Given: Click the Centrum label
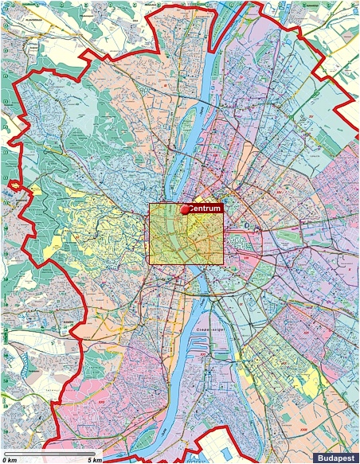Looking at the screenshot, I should pyautogui.click(x=205, y=209).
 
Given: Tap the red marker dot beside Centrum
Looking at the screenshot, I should pyautogui.click(x=186, y=210).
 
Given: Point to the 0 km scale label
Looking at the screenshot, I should pyautogui.click(x=10, y=459).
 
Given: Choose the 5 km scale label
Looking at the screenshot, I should pyautogui.click(x=94, y=459).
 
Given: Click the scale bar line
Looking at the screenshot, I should pyautogui.click(x=52, y=453).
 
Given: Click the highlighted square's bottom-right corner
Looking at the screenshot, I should pyautogui.click(x=223, y=263).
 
